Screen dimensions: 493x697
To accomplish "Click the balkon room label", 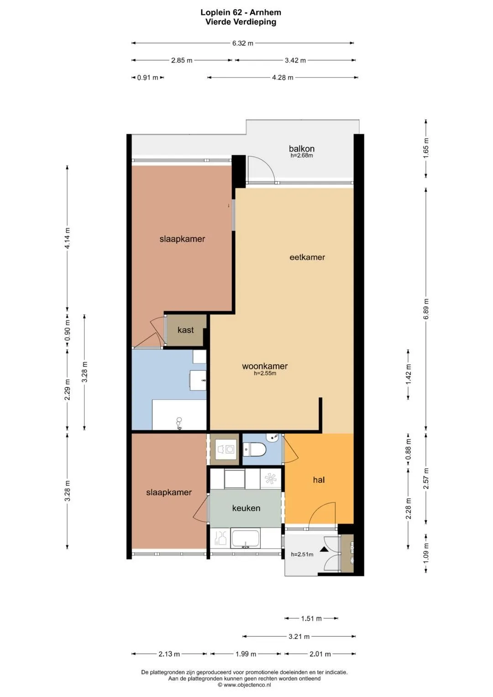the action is point(301,149).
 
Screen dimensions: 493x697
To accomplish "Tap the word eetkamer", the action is point(307,257).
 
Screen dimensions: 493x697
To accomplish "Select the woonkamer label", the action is point(265,366).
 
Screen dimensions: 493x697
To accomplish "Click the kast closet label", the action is point(185,330).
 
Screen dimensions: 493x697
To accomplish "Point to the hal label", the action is point(319,480).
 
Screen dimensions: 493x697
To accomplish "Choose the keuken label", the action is point(246,508).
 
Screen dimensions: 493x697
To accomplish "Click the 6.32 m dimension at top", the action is point(242,43).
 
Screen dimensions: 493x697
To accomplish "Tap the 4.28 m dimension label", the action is point(283,78).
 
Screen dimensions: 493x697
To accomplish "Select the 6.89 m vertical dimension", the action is point(426,309).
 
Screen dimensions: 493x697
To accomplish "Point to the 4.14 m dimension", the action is point(67,238).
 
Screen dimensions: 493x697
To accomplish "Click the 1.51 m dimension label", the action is point(311,618).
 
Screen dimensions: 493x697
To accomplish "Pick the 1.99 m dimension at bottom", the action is point(246,654).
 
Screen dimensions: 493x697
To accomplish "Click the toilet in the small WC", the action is point(255,449).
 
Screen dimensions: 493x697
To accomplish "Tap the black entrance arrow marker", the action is point(324,549).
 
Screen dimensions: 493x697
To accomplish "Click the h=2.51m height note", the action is point(302,554).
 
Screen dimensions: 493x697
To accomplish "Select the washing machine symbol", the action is point(226,449).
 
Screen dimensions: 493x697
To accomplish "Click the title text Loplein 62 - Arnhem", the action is point(241,12).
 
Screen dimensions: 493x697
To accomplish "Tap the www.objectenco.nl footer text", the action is point(244,685).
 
